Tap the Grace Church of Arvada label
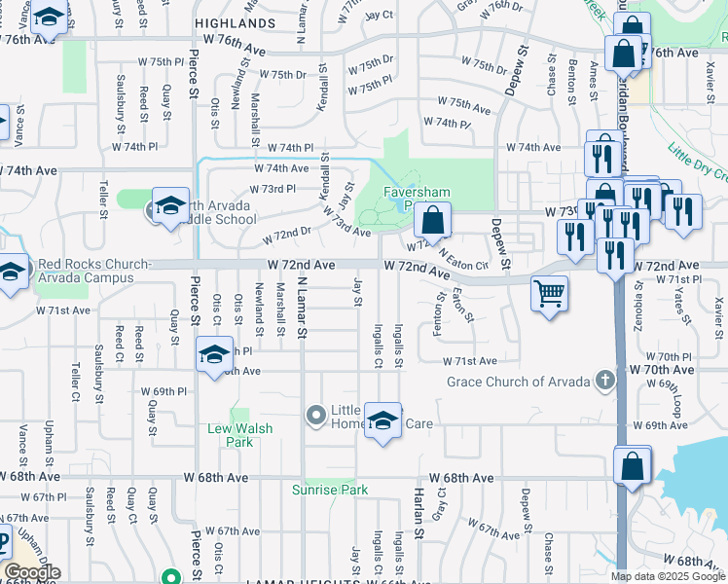coord(520,381)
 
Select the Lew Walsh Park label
coord(240,435)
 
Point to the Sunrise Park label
coord(330,490)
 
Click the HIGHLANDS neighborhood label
coord(235,22)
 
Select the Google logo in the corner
coord(32,572)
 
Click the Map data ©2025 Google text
coord(668,576)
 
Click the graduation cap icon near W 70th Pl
coord(214,354)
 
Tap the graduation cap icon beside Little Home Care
coord(383,420)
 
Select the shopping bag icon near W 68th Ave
coord(633,465)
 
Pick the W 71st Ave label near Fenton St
coord(470,361)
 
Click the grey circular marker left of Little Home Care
coord(315,416)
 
